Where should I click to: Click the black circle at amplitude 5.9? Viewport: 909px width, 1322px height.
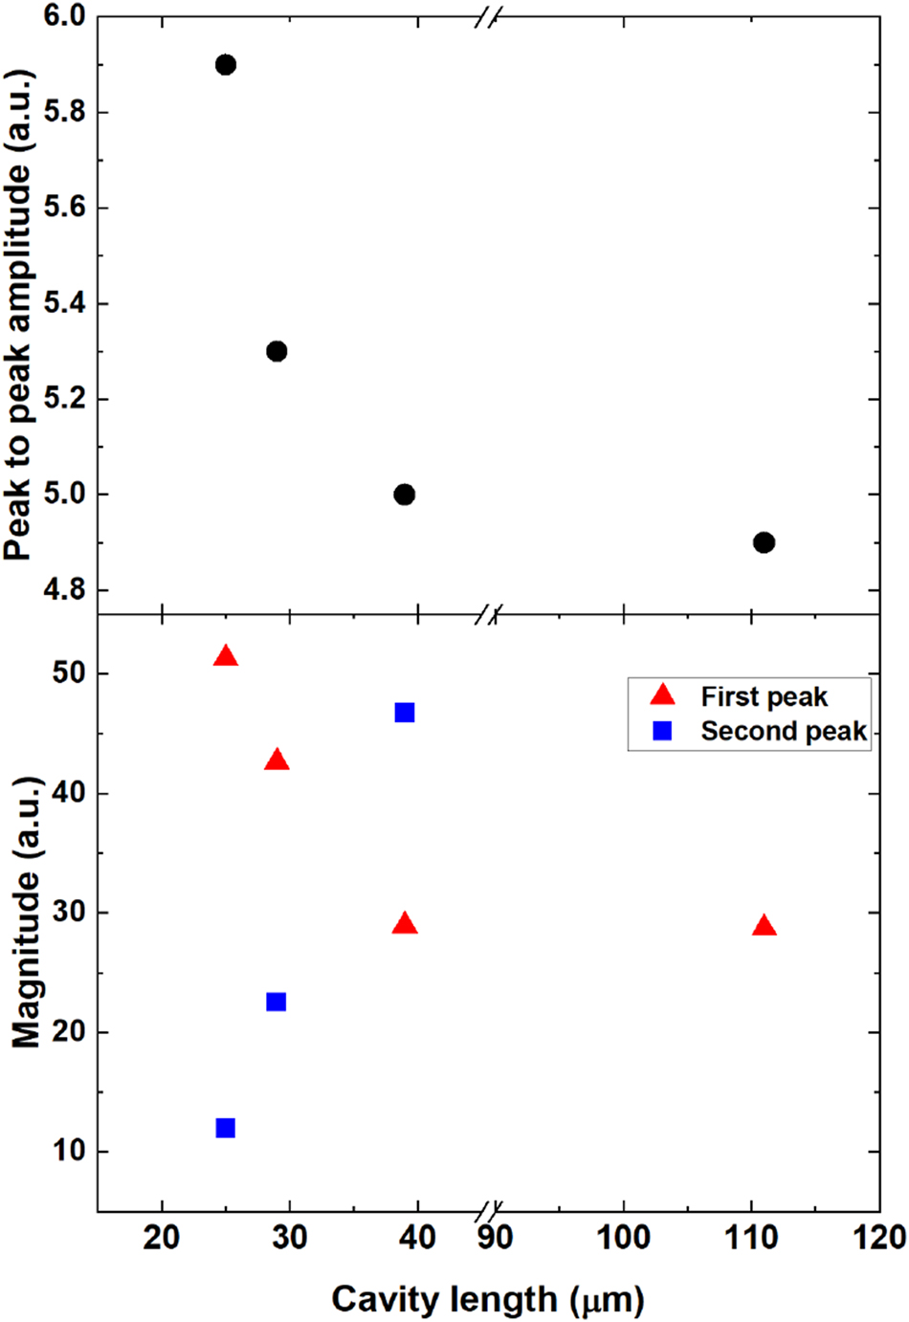226,65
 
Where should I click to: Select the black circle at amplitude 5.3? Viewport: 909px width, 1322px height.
277,351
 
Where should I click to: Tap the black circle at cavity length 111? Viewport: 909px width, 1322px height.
764,542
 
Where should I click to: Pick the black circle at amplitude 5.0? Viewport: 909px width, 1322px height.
405,495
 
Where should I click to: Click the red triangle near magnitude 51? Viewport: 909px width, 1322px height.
226,656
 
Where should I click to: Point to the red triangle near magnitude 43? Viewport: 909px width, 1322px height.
277,761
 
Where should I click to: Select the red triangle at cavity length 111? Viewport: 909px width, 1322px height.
764,926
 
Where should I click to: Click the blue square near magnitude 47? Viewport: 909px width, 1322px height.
405,713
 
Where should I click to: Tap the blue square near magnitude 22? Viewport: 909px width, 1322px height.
277,1002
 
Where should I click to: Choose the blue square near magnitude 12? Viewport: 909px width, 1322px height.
226,1128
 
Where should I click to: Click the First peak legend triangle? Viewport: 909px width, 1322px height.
662,695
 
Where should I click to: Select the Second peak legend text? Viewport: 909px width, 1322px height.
784,732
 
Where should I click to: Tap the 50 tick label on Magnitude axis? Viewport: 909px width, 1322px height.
68,673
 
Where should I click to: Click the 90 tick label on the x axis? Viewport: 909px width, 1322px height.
495,1238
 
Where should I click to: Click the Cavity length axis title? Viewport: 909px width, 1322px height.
488,1299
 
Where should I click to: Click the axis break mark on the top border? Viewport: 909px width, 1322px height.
488,16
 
